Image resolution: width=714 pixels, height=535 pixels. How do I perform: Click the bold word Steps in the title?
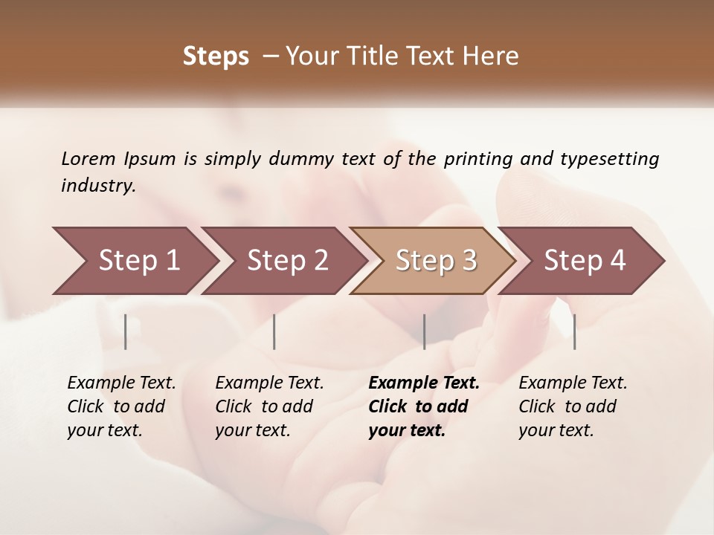[216, 56]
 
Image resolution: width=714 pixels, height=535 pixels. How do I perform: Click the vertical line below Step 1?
[126, 331]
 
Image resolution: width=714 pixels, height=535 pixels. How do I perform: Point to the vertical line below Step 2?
[274, 331]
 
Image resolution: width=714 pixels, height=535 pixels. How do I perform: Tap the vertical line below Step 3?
[424, 331]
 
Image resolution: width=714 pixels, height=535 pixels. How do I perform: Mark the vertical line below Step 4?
[574, 331]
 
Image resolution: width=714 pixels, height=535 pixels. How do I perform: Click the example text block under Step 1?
[121, 406]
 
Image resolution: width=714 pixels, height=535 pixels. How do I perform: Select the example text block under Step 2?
[269, 406]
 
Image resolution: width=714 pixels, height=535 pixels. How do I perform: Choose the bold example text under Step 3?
[424, 406]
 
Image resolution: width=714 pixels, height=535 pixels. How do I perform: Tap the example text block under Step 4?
[573, 406]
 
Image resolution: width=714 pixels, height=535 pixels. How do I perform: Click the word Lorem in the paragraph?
[88, 159]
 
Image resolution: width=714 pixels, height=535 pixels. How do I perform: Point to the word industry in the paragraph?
[98, 186]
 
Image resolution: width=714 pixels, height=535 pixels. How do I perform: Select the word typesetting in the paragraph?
[609, 159]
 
